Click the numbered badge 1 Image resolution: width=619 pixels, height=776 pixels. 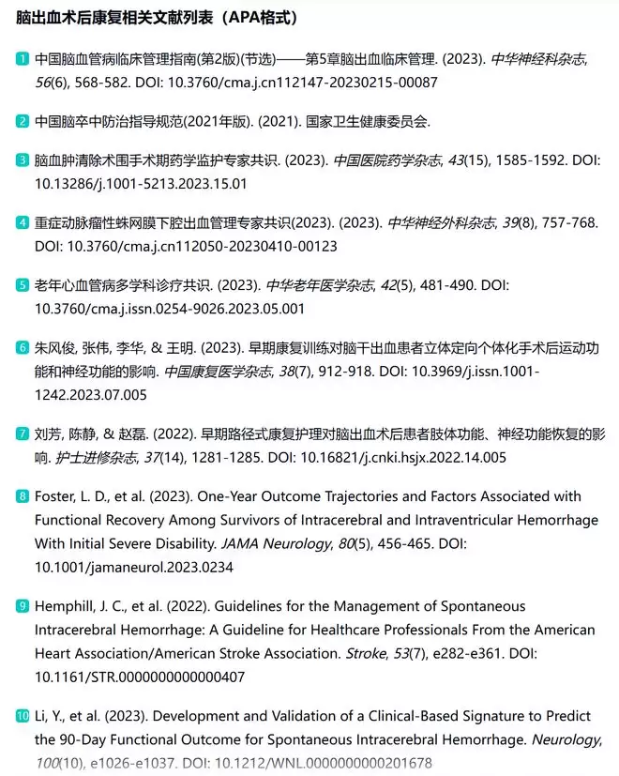23,58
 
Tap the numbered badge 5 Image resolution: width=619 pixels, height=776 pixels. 23,284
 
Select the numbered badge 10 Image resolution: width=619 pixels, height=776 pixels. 23,716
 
